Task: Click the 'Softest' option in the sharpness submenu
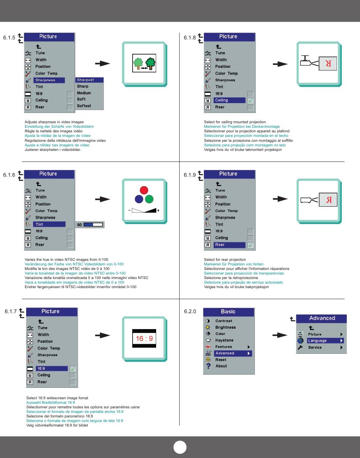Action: tap(84, 106)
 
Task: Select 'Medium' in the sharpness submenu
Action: tap(84, 93)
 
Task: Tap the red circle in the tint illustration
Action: tap(144, 190)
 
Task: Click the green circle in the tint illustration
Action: tap(149, 199)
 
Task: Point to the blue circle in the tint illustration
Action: tap(139, 199)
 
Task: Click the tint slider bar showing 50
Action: tap(93, 224)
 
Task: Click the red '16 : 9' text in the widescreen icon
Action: tap(144, 339)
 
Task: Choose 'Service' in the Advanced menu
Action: tap(315, 347)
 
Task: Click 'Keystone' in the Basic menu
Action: tap(224, 340)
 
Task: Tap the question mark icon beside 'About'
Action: tap(208, 366)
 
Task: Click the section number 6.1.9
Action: tap(189, 175)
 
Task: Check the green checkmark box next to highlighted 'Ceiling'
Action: tap(250, 100)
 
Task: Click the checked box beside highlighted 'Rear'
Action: tap(250, 245)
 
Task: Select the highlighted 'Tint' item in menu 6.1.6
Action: tap(49, 224)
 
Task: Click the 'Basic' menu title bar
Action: tap(229, 312)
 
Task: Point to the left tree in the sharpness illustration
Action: tap(138, 63)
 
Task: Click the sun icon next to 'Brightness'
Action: tap(208, 327)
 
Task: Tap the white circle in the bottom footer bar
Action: tap(180, 447)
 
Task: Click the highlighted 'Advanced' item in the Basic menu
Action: tap(233, 353)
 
